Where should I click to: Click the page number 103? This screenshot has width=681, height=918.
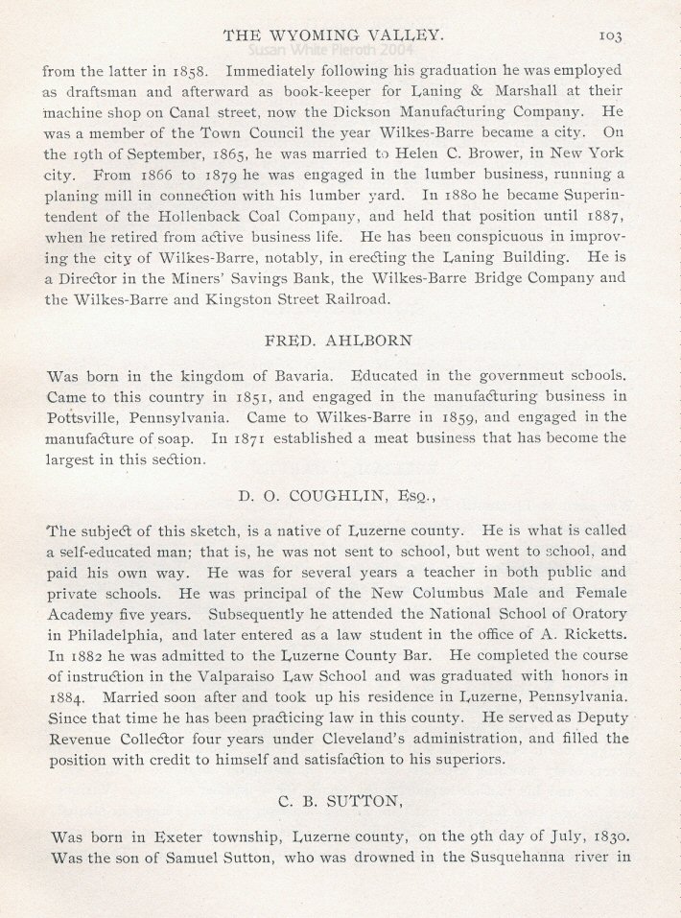(610, 35)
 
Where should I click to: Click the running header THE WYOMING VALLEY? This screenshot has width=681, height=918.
(333, 35)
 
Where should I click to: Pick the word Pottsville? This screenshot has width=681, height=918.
(82, 417)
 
